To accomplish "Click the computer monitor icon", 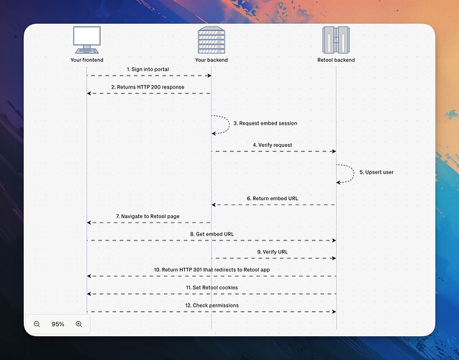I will point(87,40).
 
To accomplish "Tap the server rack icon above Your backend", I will point(211,40).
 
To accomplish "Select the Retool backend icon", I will point(336,40).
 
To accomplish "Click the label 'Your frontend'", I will point(87,60).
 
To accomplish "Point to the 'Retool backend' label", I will point(336,60).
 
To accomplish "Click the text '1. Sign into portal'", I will point(149,69).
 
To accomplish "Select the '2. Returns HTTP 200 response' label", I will point(147,87).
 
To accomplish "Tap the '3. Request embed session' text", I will point(265,123).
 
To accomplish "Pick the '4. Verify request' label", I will point(272,145).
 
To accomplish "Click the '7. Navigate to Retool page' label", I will point(149,216).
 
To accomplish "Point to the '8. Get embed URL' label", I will point(212,234).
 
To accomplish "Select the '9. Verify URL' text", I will point(273,251).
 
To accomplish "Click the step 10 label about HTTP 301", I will point(212,269).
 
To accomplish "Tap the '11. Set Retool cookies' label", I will point(212,287).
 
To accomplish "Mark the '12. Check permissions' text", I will point(212,305).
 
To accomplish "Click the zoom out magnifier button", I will point(37,324).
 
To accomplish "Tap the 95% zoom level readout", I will point(58,324).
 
